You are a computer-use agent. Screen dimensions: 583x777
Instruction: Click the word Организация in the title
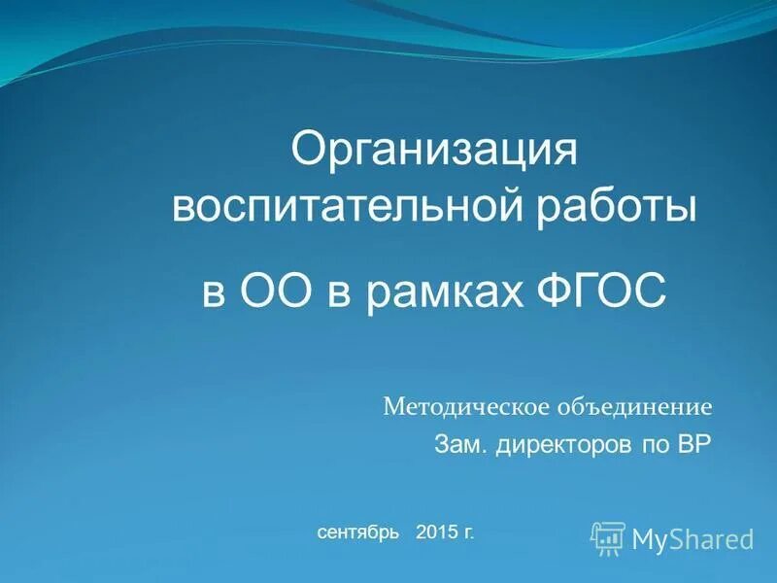tap(435, 154)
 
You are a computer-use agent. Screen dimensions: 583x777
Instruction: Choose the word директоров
tap(557, 445)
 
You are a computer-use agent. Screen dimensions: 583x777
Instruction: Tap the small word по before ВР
tap(650, 445)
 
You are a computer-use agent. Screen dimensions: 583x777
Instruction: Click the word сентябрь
tap(355, 532)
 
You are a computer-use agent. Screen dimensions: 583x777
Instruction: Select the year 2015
tap(435, 532)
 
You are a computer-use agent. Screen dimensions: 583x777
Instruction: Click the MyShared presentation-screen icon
tap(608, 537)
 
